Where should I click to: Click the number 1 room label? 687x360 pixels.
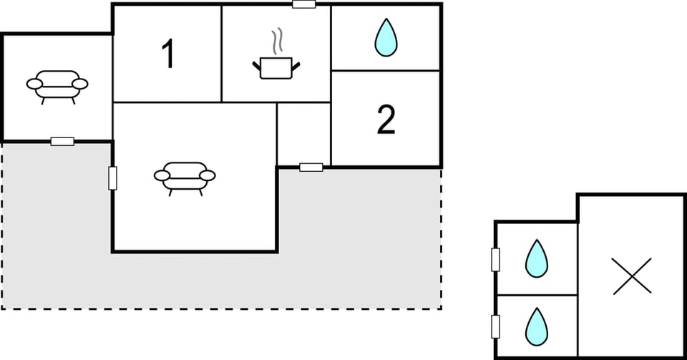coord(167,54)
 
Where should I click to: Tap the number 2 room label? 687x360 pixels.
coord(386,120)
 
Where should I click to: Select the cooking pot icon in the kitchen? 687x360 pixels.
coord(276,68)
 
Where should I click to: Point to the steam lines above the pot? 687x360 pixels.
coord(276,41)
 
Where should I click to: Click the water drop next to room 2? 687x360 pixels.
coord(386,37)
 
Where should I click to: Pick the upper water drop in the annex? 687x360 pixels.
coord(537,258)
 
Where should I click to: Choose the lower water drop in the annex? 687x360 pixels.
coord(537,326)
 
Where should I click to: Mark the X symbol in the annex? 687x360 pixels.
coord(632,276)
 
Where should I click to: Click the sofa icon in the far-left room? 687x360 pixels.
coord(57,87)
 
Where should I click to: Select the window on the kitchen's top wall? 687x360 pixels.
coord(303,4)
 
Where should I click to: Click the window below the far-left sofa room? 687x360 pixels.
coord(62,142)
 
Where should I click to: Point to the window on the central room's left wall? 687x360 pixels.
coord(112,178)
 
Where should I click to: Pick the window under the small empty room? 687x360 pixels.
coord(311,167)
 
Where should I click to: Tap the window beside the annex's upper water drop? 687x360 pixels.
coord(495,260)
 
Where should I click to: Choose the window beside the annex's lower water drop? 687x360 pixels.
coord(495,326)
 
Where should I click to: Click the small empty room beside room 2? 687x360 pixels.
coord(303,135)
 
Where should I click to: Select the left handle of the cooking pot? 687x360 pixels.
coord(256,67)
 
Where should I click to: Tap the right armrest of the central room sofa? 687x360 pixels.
coord(208,175)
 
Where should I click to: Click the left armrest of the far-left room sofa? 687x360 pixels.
coord(34,84)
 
